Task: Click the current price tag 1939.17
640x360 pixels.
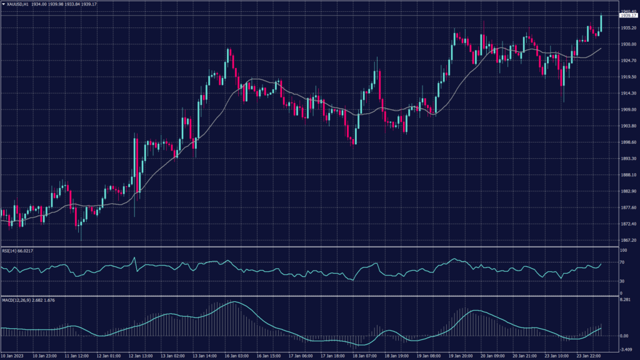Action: click(626, 16)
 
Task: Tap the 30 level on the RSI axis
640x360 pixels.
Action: click(622, 281)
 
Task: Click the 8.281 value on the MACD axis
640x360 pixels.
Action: click(625, 301)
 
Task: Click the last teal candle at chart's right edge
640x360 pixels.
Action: click(601, 23)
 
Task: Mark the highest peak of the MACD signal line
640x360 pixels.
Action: click(234, 302)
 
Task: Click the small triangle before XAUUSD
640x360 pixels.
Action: click(2, 4)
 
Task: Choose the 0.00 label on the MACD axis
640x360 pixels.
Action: click(624, 336)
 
